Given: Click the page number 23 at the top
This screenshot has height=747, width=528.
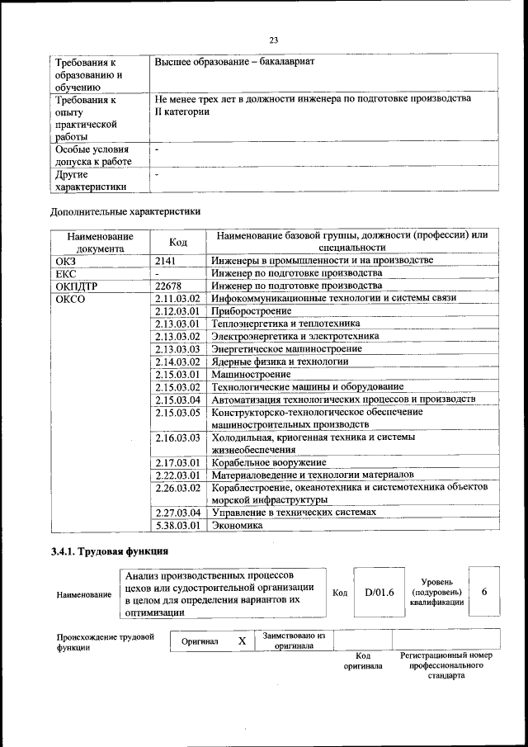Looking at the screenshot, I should pos(274,39).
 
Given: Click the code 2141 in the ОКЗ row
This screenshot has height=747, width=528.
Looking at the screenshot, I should pos(166,261).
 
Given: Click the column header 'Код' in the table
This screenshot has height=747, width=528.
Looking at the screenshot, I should pos(177,242).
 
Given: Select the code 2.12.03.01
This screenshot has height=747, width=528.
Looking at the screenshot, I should pos(177,311).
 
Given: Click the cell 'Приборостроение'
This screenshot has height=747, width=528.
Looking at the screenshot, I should pos(252,311).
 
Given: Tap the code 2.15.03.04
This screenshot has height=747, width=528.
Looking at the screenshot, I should pos(177,400).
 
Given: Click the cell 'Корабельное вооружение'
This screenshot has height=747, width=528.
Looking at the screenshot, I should pos(269,462).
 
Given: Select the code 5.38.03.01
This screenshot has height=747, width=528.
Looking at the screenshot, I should pos(177,525).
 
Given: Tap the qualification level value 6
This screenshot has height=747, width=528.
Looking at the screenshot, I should pos(484,592).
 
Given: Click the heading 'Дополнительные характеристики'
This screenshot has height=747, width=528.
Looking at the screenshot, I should pos(126,212).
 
